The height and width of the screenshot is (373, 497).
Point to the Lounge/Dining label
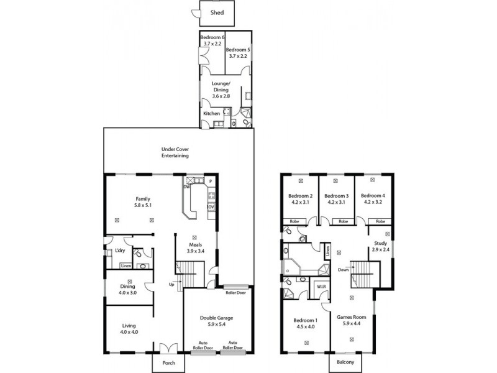pyautogui.click(x=221, y=86)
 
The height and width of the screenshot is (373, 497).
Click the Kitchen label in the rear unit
pyautogui.click(x=212, y=114)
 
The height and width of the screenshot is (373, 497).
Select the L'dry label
pyautogui.click(x=119, y=251)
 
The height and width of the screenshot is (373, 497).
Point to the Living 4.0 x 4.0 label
pyautogui.click(x=130, y=329)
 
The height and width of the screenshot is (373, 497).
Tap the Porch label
pyautogui.click(x=169, y=363)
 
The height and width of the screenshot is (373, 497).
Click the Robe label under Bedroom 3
pyautogui.click(x=342, y=221)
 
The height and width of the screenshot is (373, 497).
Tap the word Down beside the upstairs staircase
pyautogui.click(x=342, y=270)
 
